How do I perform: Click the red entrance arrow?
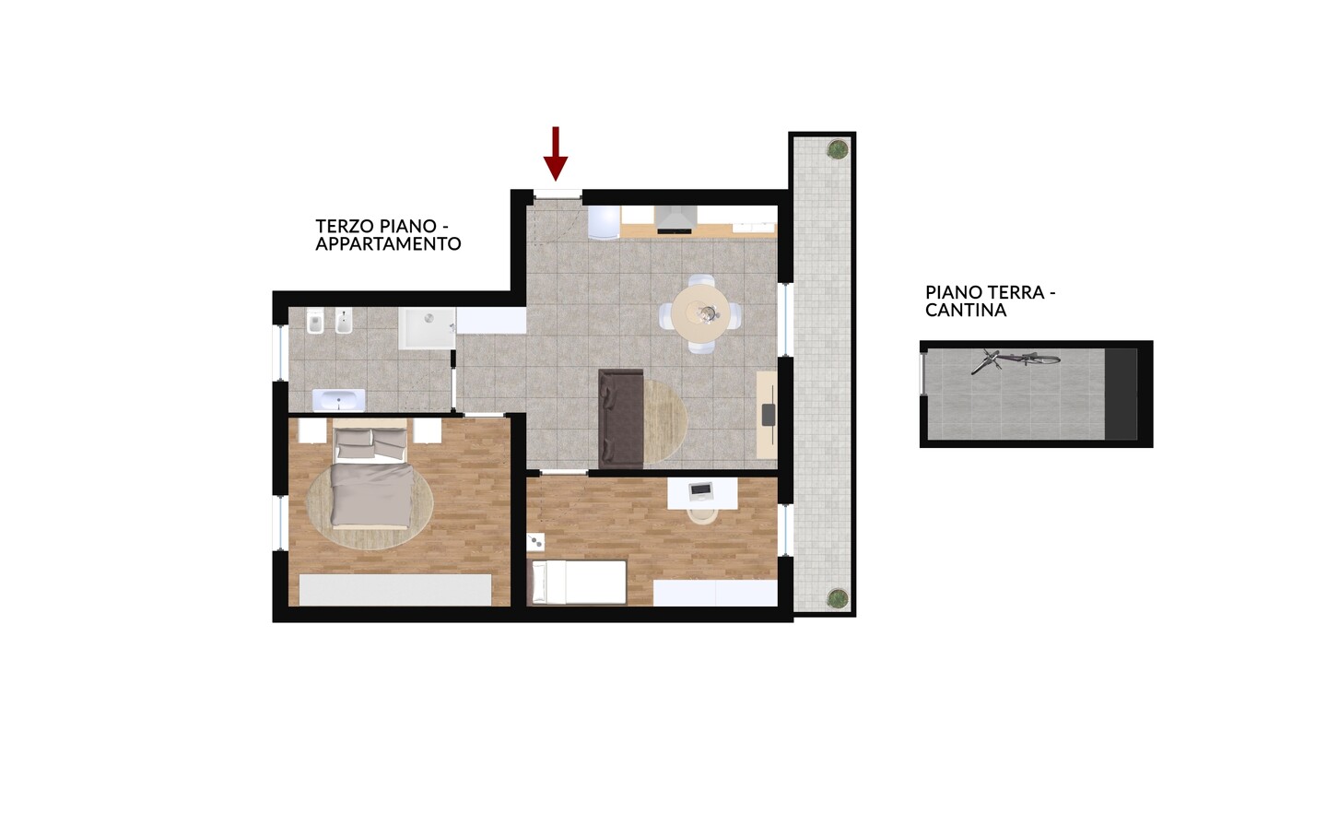pos(556,153)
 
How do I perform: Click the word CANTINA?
pos(966,310)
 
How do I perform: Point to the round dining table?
pos(700,312)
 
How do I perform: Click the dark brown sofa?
pos(621,418)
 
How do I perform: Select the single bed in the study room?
pos(577,582)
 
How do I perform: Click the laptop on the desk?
pos(700,490)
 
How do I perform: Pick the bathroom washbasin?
pos(338,401)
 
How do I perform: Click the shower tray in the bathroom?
pos(428,328)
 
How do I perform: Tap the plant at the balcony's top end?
pos(837,149)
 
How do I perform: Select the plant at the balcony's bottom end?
pos(837,598)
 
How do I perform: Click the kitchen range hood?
pos(675,219)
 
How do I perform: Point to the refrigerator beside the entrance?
pos(604,222)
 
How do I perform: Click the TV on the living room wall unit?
pos(769,414)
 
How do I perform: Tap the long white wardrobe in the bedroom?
pos(395,590)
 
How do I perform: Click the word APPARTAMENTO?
pos(388,244)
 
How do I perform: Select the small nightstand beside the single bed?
pos(535,542)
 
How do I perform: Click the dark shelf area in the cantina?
pos(1121,395)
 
